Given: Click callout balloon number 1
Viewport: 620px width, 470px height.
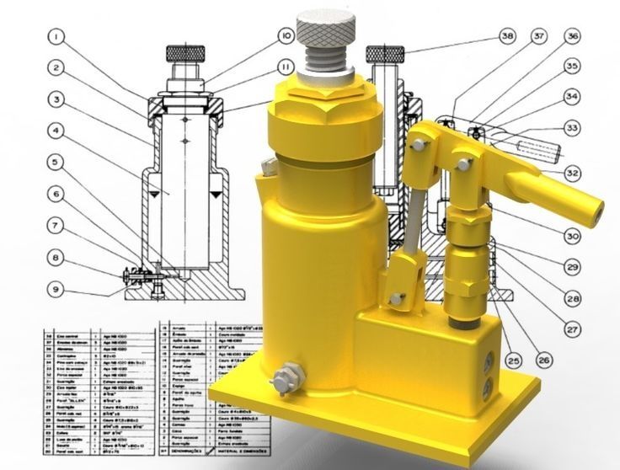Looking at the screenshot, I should [56, 36].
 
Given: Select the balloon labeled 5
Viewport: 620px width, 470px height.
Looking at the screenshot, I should [56, 160].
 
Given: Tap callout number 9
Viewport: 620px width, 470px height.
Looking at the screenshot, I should [56, 289].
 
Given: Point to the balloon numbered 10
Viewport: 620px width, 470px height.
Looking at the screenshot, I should [286, 36].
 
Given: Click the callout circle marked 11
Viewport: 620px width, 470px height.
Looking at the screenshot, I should [286, 67].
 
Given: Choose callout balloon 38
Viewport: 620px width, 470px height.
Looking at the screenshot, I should [505, 36].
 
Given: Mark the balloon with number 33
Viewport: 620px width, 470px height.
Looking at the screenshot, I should [572, 128].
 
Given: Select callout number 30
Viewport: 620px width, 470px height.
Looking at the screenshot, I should [572, 236].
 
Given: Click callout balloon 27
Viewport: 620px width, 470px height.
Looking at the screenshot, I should [572, 329].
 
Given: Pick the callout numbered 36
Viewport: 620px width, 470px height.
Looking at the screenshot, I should [572, 36].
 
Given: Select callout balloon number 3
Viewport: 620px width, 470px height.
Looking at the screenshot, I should [56, 99].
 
